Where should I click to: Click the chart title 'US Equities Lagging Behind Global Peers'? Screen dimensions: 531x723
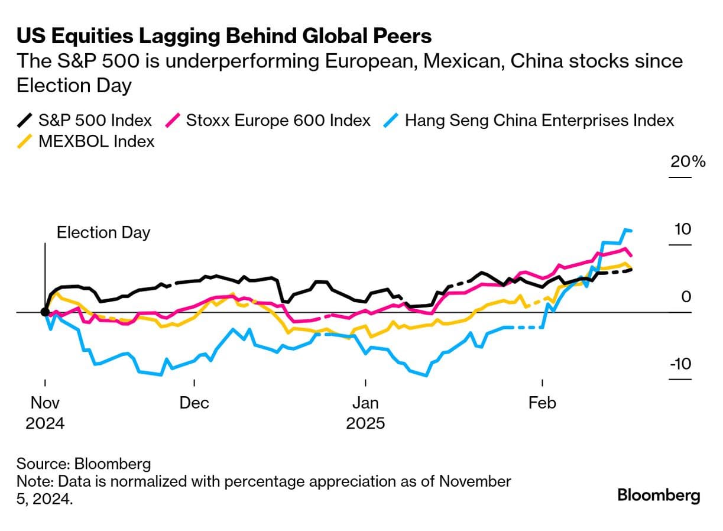pyautogui.click(x=224, y=37)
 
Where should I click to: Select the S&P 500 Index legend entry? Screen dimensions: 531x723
pyautogui.click(x=95, y=121)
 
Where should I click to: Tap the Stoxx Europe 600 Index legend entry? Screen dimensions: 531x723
pyautogui.click(x=278, y=121)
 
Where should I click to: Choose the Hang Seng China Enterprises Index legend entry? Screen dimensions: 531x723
pyautogui.click(x=539, y=121)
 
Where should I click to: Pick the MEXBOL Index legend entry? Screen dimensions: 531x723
pyautogui.click(x=96, y=141)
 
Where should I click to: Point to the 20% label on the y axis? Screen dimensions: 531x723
pyautogui.click(x=688, y=161)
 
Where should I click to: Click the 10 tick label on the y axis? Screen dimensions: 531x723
pyautogui.click(x=683, y=229)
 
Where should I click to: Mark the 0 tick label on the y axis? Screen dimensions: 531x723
pyautogui.click(x=686, y=296)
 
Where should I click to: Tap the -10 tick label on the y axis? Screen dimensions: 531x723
pyautogui.click(x=680, y=363)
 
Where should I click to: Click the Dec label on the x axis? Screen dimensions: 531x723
pyautogui.click(x=194, y=403)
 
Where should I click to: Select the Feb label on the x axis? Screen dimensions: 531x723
pyautogui.click(x=542, y=403)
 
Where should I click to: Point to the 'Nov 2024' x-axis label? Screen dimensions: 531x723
pyautogui.click(x=45, y=413)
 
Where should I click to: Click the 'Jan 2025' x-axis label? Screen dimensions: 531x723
pyautogui.click(x=365, y=413)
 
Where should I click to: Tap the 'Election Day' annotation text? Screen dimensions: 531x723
pyautogui.click(x=103, y=232)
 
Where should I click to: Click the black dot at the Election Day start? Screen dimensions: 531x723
pyautogui.click(x=45, y=312)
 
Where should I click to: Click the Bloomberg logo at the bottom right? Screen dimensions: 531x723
pyautogui.click(x=659, y=495)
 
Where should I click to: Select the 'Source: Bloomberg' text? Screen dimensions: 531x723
pyautogui.click(x=83, y=463)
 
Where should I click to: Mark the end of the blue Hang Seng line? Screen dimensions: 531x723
pyautogui.click(x=631, y=231)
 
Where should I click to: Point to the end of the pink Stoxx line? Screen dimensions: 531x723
pyautogui.click(x=631, y=255)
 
